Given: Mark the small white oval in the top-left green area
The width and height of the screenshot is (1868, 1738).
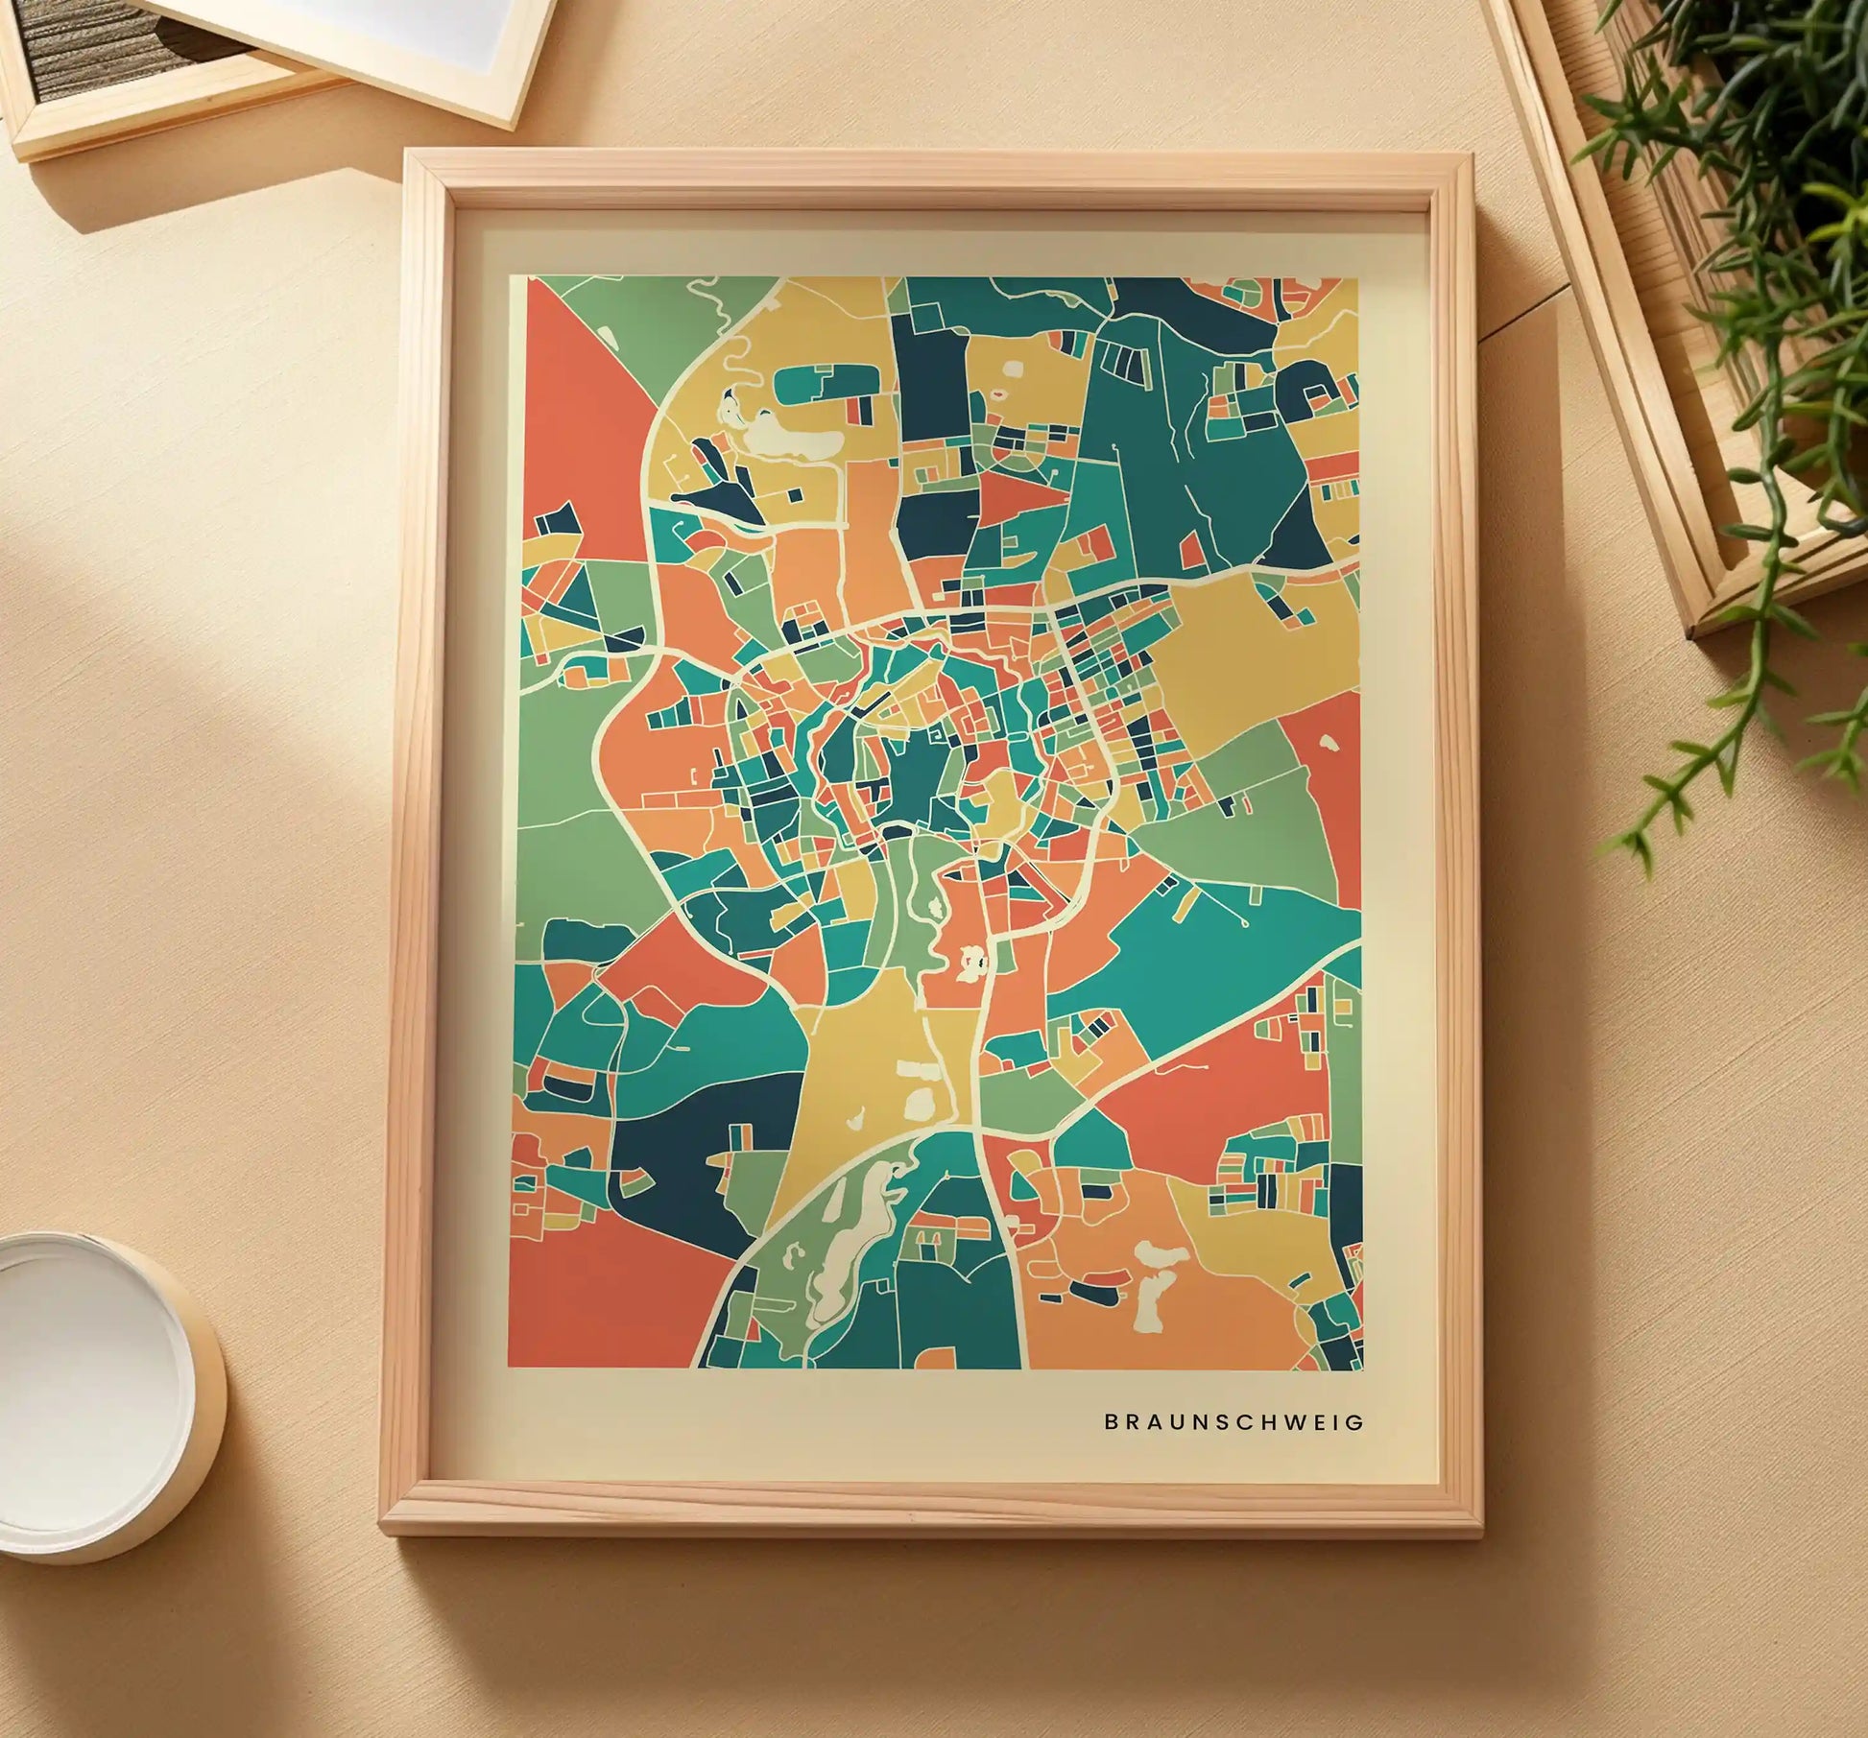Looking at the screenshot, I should (x=606, y=333).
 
